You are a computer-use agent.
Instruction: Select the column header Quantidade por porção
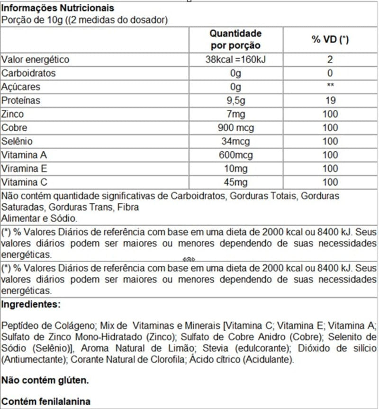tap(235, 39)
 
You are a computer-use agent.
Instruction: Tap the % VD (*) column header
tap(330, 39)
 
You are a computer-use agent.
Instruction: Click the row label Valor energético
tap(36, 60)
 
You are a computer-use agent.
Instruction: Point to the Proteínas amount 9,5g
tap(235, 100)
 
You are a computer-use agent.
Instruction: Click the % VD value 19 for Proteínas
tap(330, 100)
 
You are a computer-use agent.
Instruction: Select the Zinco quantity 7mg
tap(235, 114)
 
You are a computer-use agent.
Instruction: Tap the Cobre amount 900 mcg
tap(235, 128)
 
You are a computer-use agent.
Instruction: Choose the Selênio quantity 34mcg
tap(235, 142)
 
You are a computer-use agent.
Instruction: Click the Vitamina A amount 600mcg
tap(235, 155)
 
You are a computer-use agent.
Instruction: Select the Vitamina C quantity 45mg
tap(235, 182)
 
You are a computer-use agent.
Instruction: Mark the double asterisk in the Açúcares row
tap(330, 87)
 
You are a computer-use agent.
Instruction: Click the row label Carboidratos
tap(29, 73)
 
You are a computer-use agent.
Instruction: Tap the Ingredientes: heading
tap(31, 304)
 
